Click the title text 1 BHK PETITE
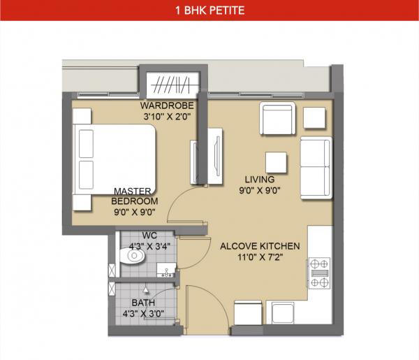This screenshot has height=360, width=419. [209, 11]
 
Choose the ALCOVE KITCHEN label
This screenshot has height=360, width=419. [260, 246]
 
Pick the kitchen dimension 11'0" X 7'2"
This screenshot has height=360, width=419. [260, 257]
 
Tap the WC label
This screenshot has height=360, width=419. [149, 235]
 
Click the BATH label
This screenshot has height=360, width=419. [144, 303]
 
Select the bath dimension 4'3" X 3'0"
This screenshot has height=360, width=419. [144, 314]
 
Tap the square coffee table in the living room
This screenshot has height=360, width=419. [276, 163]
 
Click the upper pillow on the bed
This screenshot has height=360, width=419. [86, 144]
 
